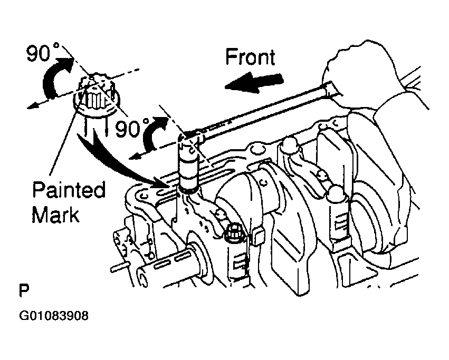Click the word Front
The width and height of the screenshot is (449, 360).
pyautogui.click(x=250, y=57)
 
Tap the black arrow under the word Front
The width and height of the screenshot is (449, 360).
pyautogui.click(x=253, y=82)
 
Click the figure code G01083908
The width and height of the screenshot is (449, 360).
pyautogui.click(x=54, y=316)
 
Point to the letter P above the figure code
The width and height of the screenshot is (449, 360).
pyautogui.click(x=24, y=290)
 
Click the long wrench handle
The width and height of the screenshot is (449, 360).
pyautogui.click(x=257, y=110)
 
